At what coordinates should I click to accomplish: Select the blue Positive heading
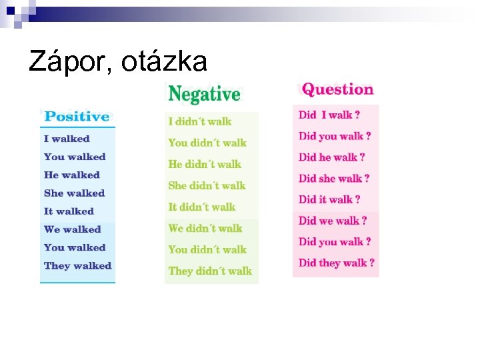pos(76,117)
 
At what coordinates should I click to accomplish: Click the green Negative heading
pos(204,94)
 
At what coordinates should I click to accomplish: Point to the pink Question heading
pos(337,89)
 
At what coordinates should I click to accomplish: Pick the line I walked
pos(67,139)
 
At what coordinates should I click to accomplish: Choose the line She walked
pos(74,193)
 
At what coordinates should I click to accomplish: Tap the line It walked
pos(69,211)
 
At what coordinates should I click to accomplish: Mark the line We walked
pos(72,229)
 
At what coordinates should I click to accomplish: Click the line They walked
pos(77,265)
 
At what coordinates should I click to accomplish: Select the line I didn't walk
pos(200,121)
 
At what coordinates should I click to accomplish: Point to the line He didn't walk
pos(205,164)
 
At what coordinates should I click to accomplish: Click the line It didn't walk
pos(202,207)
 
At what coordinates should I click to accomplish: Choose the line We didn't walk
pos(205,228)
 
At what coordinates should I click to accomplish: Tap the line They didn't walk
pos(210,271)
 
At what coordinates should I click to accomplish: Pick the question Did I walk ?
pos(330,115)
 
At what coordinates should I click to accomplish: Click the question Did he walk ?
pos(331,157)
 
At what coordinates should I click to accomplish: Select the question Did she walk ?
pos(334,178)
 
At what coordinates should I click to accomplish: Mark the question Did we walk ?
pos(333,221)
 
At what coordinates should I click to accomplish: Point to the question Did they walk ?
pos(337,263)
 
